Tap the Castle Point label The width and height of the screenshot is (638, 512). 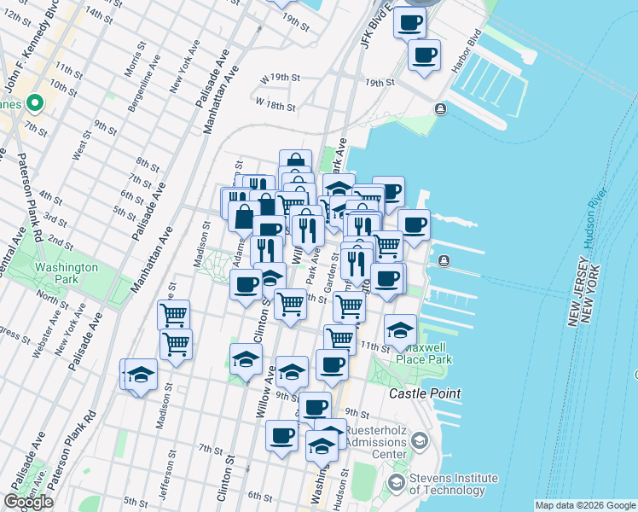[425, 393]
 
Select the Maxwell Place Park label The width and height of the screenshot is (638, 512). [424, 353]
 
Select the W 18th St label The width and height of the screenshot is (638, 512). [275, 108]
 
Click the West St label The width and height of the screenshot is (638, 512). [81, 145]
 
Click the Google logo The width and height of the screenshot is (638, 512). [28, 502]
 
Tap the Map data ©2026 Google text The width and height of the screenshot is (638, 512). [585, 505]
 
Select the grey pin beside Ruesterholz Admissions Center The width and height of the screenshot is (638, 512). [419, 440]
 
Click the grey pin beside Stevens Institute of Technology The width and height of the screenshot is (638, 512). [396, 483]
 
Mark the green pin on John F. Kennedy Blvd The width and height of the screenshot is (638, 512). [34, 104]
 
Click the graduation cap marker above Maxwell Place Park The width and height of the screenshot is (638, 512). [400, 331]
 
